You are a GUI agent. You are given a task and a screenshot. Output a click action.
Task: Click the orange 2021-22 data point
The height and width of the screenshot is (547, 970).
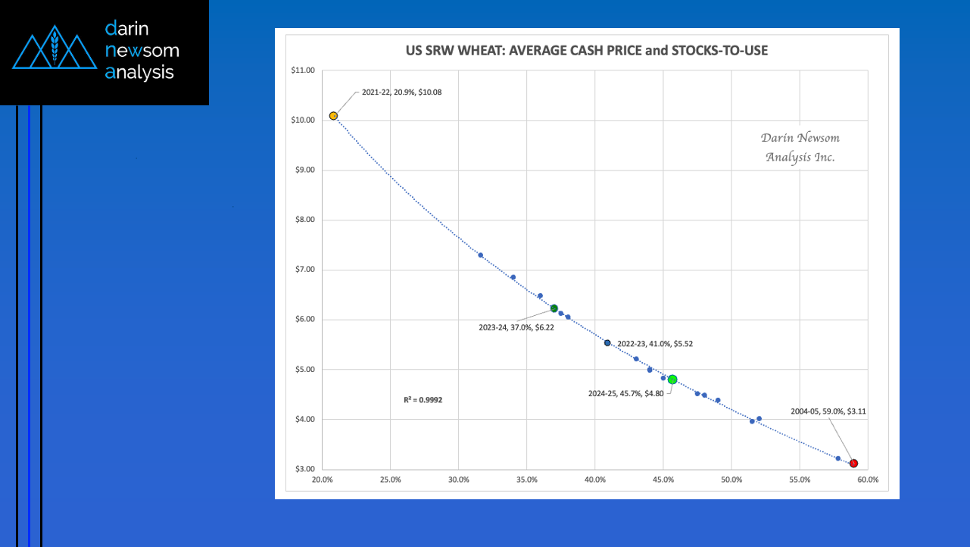333,116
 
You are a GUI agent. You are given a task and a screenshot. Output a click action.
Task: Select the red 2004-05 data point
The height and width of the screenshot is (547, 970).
853,463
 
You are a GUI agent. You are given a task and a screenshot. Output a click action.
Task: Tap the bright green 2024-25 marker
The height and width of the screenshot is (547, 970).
672,380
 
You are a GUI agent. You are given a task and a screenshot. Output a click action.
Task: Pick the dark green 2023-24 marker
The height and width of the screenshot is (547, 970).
554,308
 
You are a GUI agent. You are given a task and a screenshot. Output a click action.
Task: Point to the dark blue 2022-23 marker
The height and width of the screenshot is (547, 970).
607,343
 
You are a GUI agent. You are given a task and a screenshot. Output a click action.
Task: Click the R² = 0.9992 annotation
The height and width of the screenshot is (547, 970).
423,399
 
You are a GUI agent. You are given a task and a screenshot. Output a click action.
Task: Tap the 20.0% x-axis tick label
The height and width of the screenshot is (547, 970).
322,480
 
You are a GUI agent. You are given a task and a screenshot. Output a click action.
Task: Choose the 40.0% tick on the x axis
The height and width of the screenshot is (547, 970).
595,480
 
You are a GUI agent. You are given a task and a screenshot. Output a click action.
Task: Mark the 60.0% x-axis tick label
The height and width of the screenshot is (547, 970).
868,480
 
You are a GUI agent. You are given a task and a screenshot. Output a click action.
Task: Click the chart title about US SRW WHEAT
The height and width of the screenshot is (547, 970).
587,51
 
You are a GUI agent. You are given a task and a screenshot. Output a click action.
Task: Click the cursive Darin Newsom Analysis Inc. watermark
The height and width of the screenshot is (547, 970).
800,148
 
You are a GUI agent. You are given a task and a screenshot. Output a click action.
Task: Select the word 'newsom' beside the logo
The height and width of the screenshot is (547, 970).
142,51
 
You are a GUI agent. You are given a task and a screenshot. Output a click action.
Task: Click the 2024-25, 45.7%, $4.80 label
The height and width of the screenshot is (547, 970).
625,393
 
